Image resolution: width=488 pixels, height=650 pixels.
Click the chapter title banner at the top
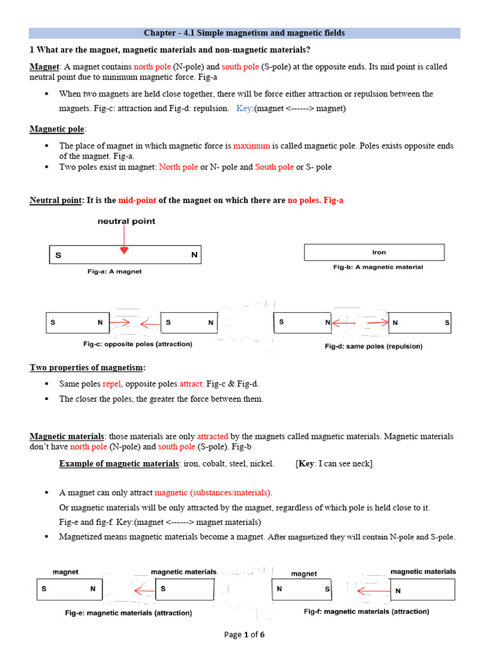pyautogui.click(x=244, y=32)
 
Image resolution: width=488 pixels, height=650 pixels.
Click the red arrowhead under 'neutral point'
pyautogui.click(x=125, y=250)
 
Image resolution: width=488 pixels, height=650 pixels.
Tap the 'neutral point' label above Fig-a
pyautogui.click(x=126, y=222)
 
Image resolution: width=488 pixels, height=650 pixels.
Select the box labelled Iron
pyautogui.click(x=374, y=252)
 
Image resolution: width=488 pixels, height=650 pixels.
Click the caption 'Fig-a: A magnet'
pyautogui.click(x=114, y=271)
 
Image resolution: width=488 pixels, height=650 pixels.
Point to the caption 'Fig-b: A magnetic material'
pyautogui.click(x=378, y=267)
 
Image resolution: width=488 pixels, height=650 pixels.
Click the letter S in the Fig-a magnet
pyautogui.click(x=58, y=255)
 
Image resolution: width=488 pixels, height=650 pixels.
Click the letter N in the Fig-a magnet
pyautogui.click(x=194, y=255)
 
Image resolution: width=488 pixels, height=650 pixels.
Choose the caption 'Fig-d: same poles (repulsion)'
pyautogui.click(x=373, y=347)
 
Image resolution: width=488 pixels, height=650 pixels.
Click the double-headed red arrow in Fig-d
pyautogui.click(x=360, y=323)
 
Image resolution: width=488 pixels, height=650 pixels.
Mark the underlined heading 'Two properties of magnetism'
pyautogui.click(x=87, y=368)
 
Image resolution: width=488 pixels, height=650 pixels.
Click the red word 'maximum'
pyautogui.click(x=252, y=145)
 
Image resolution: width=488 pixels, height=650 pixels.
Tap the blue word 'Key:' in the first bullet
pyautogui.click(x=244, y=109)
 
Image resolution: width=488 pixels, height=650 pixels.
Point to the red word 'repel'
pyautogui.click(x=111, y=384)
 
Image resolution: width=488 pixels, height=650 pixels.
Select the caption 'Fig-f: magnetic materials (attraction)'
pyautogui.click(x=367, y=611)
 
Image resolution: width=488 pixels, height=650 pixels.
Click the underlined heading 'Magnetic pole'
pyautogui.click(x=57, y=129)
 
